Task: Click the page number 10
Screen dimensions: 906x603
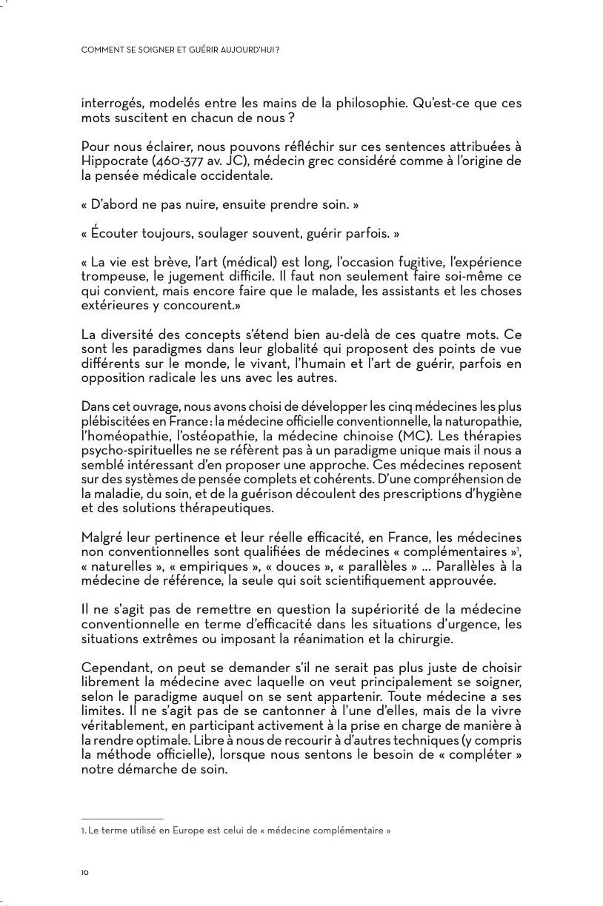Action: tap(84, 873)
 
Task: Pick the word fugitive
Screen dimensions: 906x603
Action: tap(417, 262)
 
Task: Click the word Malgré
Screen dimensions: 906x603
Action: tap(102, 537)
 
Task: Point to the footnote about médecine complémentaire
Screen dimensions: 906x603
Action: tap(236, 830)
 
